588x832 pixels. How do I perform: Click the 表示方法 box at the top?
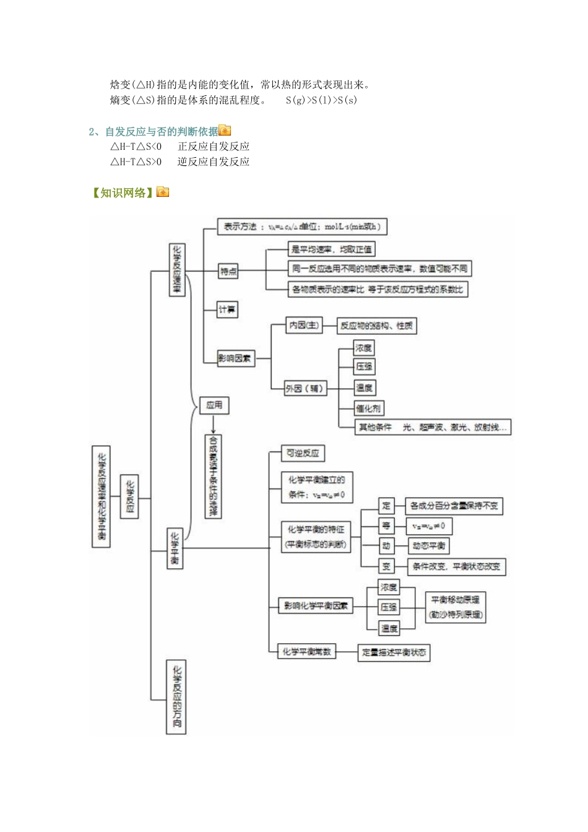point(302,227)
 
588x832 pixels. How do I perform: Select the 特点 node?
point(228,271)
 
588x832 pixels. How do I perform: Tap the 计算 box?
point(227,309)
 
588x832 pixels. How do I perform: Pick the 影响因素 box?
point(235,358)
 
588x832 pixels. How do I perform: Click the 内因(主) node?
point(303,325)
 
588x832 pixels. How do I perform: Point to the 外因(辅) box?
point(305,388)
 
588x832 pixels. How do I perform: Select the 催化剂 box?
point(368,408)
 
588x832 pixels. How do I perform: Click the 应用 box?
point(214,405)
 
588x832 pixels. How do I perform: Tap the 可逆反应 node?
point(303,453)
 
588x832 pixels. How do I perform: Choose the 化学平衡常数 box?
point(307,651)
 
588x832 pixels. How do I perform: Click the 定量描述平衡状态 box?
point(394,652)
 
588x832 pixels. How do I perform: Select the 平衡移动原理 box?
point(455,607)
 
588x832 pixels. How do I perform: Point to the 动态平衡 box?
point(428,545)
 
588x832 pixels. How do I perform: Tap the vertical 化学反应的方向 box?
point(176,697)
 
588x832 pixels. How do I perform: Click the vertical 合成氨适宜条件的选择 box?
point(213,476)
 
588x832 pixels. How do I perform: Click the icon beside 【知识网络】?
point(163,193)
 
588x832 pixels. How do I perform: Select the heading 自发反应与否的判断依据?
point(162,131)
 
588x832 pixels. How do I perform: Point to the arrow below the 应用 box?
point(213,424)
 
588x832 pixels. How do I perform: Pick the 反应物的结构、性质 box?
point(376,326)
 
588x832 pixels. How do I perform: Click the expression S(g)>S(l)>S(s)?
point(321,100)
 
